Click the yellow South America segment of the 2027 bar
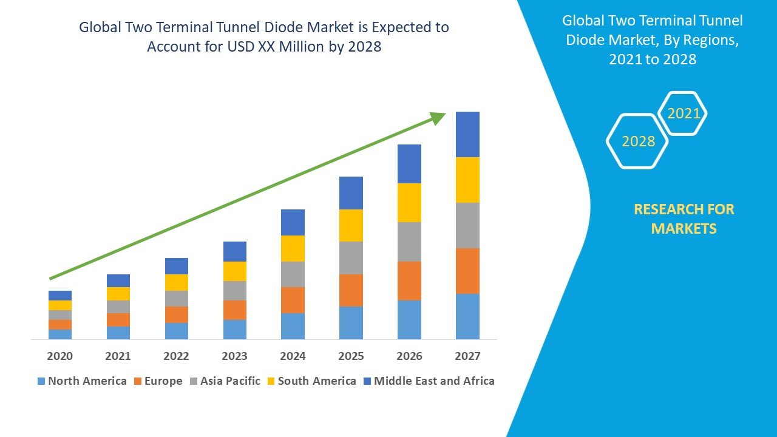(467, 180)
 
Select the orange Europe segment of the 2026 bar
(409, 280)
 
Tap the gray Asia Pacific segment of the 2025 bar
(351, 257)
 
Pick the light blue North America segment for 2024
(293, 326)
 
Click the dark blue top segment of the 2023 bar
(235, 251)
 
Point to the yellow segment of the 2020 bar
(60, 305)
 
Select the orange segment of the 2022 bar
(177, 314)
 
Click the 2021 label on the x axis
(118, 356)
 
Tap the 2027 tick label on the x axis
(467, 356)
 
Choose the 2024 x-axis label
(293, 356)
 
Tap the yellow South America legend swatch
(271, 381)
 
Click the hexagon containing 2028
(638, 141)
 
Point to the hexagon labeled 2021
(684, 113)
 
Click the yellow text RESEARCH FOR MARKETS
(684, 219)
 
